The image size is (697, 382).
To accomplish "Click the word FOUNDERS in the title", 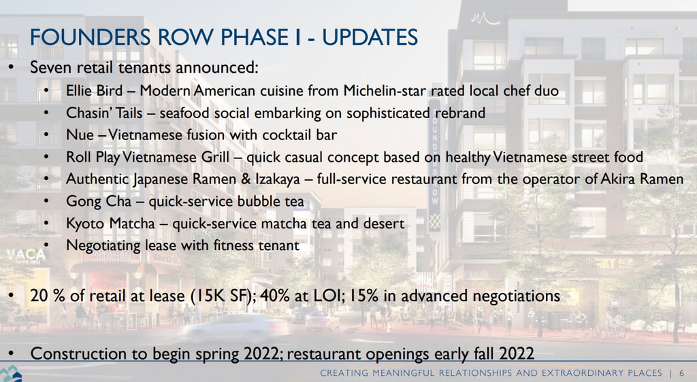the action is [x=91, y=37].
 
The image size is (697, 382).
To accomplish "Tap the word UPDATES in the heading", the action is [x=370, y=37].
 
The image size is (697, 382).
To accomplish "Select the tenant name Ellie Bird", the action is [x=94, y=90].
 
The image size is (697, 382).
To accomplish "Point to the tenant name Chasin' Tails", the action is [x=104, y=113].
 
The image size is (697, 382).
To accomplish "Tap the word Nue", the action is [x=80, y=135].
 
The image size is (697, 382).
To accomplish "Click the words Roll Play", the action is [x=93, y=157].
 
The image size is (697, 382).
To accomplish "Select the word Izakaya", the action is [x=278, y=179].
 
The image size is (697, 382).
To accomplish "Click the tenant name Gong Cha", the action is [x=99, y=201].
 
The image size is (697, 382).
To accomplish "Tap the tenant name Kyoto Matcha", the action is [x=110, y=223].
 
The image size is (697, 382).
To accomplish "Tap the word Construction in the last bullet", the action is [x=78, y=353].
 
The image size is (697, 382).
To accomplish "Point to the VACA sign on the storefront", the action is [x=26, y=255].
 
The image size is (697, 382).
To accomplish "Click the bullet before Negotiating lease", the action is [x=46, y=245].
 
